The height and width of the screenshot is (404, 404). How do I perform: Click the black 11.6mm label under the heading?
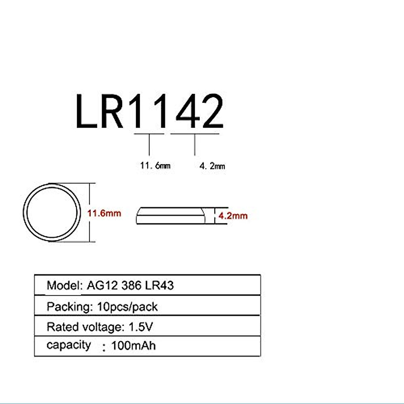[155, 166]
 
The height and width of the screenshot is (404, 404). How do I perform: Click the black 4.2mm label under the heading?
[212, 166]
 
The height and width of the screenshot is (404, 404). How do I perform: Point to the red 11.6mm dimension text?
[104, 213]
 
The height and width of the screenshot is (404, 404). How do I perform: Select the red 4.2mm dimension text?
[233, 215]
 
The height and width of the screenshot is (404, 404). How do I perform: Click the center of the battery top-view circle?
[52, 213]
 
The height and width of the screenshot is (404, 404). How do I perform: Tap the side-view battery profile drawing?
[170, 215]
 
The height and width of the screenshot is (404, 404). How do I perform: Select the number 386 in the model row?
[131, 285]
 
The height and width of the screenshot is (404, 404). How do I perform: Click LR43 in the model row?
[160, 285]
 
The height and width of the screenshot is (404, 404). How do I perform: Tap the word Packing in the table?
[69, 307]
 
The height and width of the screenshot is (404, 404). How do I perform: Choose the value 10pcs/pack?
[127, 307]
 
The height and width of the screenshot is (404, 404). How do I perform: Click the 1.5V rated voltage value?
[141, 327]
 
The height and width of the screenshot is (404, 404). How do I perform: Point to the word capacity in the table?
[69, 345]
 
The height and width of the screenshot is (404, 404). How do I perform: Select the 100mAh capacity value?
[133, 346]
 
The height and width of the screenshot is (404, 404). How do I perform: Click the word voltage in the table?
[102, 327]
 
